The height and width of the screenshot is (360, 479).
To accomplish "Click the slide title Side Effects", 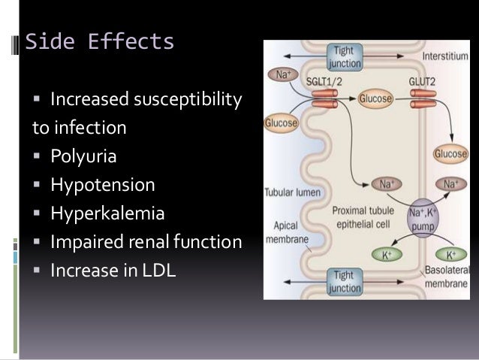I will (x=100, y=42).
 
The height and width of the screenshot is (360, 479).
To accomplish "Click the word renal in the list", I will (x=156, y=242).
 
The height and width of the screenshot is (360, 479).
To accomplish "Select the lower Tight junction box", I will (x=345, y=281).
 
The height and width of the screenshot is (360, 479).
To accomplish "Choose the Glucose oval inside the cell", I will (x=355, y=98).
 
